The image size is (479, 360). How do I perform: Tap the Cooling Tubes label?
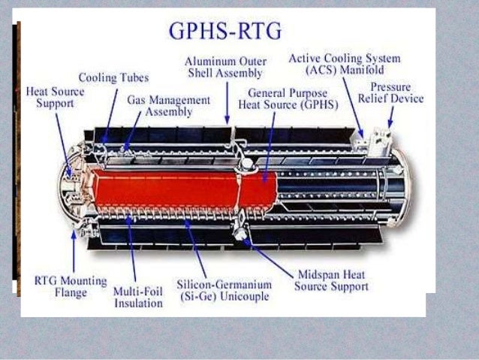114,77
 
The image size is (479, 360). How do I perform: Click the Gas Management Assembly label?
168,106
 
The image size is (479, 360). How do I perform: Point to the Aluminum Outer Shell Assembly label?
226,67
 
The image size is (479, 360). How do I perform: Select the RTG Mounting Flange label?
62,286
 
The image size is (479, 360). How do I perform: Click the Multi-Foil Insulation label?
137,297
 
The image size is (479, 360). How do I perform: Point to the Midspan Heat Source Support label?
331,280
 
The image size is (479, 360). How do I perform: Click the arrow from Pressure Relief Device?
390,116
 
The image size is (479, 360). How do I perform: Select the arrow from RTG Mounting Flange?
74,252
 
